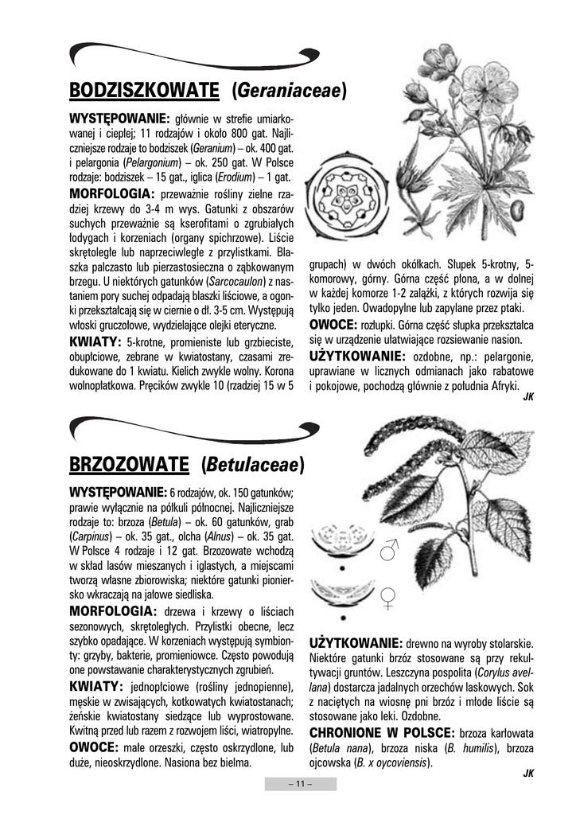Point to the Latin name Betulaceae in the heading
tap(253, 463)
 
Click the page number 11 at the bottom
tap(300, 784)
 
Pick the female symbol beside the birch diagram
tap(389, 597)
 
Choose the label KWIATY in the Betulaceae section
tap(95, 686)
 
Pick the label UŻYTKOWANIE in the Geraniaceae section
tap(357, 356)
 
